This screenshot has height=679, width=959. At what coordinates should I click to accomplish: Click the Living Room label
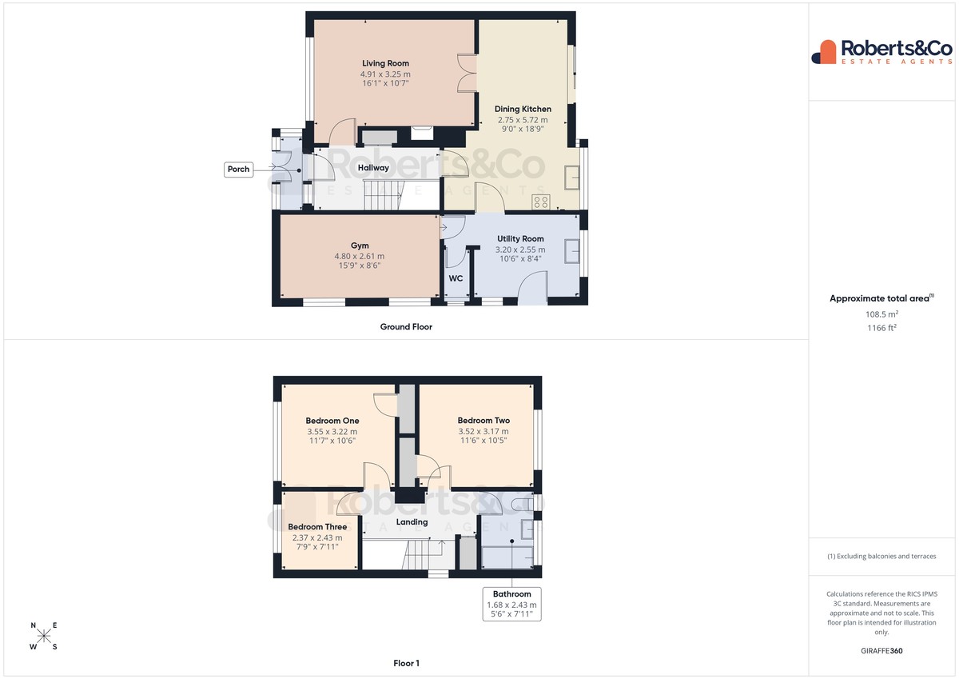pos(385,63)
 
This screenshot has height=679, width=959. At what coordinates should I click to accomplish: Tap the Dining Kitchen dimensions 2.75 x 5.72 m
pos(523,120)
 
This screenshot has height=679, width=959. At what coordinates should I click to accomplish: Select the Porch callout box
pos(238,170)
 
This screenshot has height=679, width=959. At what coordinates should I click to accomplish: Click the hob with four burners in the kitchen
pos(541,202)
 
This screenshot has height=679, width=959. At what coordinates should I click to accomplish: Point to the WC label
pos(456,278)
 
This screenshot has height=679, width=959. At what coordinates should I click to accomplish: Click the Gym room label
pos(360,246)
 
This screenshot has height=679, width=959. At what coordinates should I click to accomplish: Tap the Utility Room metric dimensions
pos(520,250)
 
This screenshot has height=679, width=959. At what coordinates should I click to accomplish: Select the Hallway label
pos(373,168)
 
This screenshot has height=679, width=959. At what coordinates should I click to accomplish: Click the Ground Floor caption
pos(406,327)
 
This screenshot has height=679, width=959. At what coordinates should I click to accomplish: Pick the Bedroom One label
pos(332,421)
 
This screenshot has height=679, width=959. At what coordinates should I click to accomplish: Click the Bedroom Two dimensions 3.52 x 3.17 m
pos(483,431)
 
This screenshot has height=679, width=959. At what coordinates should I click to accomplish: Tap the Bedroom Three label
pos(317,527)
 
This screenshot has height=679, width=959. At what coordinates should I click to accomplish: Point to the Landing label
pos(412,521)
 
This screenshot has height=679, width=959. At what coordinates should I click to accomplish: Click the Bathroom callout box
pos(511,604)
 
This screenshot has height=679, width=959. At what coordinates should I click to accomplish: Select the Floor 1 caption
pos(406,663)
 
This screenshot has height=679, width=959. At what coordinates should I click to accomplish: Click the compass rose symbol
pos(44,636)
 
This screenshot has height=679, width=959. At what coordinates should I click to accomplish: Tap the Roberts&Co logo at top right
pos(882,52)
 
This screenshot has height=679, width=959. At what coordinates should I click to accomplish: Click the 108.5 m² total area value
pos(882,314)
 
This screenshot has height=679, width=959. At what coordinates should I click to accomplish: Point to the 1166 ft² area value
pos(882,328)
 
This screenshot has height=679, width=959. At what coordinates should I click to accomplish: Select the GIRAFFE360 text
pos(881,651)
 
